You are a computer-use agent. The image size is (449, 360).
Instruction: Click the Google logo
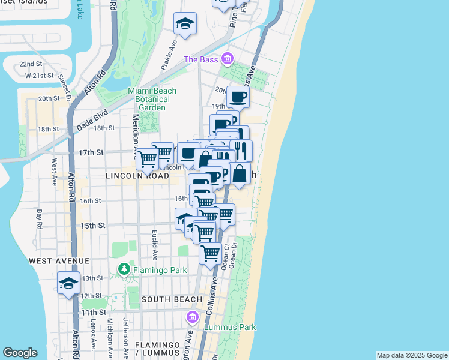(x=20, y=353)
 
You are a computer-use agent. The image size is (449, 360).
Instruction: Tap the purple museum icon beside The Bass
(x=227, y=59)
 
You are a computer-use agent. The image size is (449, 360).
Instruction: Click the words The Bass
(x=199, y=59)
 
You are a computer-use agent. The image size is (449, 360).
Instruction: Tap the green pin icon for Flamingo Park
(x=124, y=268)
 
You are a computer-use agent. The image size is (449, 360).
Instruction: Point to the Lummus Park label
(x=230, y=327)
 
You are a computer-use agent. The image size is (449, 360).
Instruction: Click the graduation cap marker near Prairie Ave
(x=185, y=25)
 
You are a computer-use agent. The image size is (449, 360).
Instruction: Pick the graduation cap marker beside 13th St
(x=69, y=283)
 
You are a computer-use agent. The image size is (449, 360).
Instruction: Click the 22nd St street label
(x=30, y=64)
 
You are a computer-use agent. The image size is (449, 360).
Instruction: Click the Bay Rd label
(x=40, y=218)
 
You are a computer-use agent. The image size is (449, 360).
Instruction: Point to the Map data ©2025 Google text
(x=412, y=355)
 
